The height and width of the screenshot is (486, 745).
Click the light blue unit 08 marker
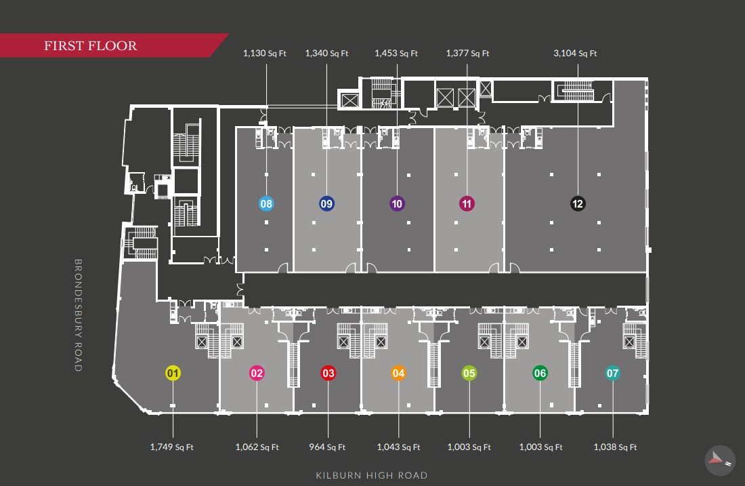coord(266,203)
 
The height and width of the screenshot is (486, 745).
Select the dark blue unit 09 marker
coord(327,203)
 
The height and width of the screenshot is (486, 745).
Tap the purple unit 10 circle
coord(397,203)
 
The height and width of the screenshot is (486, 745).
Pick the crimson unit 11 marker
coord(467,203)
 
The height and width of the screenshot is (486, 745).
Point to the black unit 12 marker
coord(577,203)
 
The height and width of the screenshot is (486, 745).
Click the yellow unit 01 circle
coord(173,373)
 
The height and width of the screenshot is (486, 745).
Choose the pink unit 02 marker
coord(257,373)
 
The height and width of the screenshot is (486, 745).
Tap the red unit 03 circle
coord(328,373)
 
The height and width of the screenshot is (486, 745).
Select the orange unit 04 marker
coord(398,373)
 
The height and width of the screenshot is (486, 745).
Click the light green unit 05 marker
coord(469,373)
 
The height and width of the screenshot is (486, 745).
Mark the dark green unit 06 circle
coord(540,373)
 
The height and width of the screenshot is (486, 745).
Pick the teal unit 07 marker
coord(613,373)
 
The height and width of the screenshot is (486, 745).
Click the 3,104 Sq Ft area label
coord(575,54)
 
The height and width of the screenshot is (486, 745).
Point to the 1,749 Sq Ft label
coord(171,447)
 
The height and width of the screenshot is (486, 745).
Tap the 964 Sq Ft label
coord(327,447)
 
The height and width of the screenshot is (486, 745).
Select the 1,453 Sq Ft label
coord(396,54)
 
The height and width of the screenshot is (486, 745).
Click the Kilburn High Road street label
coord(371,475)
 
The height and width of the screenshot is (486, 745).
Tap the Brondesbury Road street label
coord(78,315)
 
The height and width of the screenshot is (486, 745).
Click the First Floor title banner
coord(91,46)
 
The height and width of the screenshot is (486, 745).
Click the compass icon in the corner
coord(719,459)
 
